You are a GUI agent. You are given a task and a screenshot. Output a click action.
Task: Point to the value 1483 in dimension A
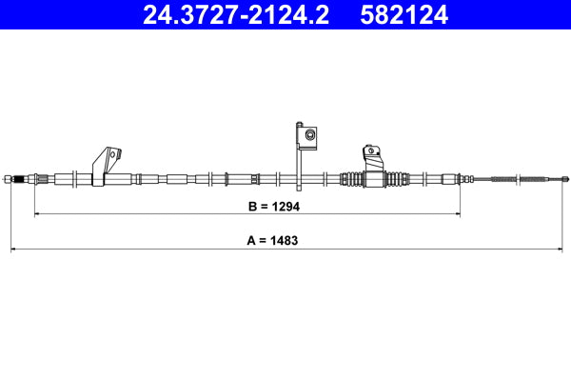[285, 241]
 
